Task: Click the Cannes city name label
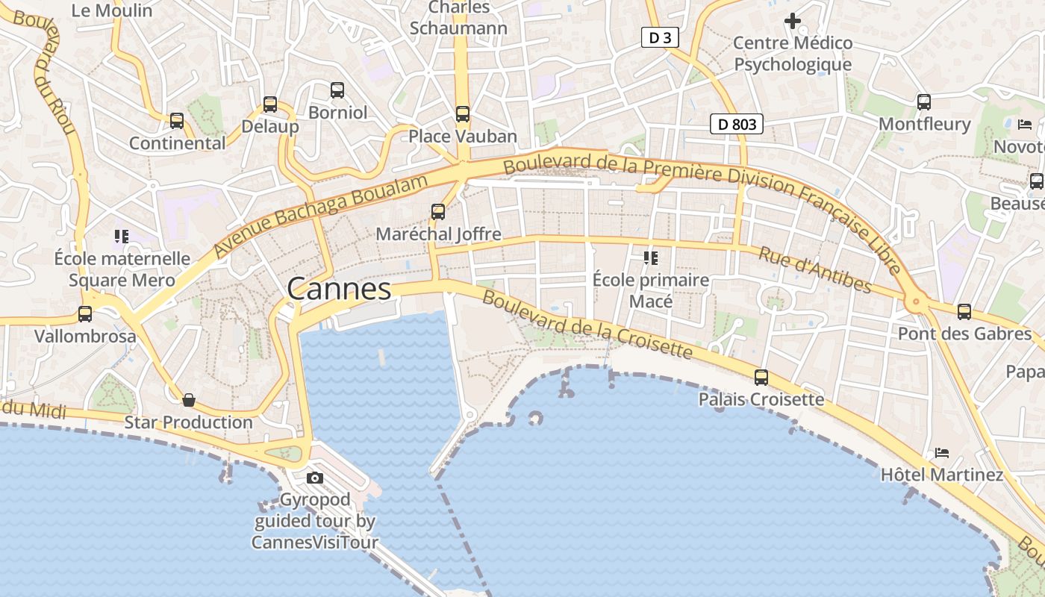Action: [x=339, y=289]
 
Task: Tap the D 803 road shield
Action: [x=736, y=124]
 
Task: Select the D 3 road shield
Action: [x=660, y=37]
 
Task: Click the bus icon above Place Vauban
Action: [x=463, y=114]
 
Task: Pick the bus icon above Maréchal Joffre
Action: [x=438, y=212]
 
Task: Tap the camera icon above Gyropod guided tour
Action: [x=315, y=478]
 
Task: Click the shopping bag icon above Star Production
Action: [x=189, y=401]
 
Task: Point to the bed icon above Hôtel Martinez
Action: [x=942, y=453]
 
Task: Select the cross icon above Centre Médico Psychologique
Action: [x=793, y=21]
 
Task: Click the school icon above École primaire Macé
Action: [x=650, y=258]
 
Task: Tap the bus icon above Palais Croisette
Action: [x=761, y=378]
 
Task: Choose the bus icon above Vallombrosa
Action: [x=85, y=314]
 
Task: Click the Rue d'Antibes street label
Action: [x=814, y=269]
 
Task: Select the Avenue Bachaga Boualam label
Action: [x=321, y=216]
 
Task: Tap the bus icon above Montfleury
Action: [x=924, y=102]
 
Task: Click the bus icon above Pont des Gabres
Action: [x=964, y=312]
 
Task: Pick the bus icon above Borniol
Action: [x=337, y=90]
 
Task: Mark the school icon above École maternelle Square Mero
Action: [x=122, y=237]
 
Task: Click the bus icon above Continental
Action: [x=177, y=121]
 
